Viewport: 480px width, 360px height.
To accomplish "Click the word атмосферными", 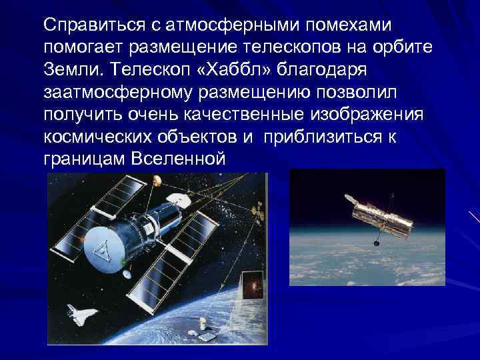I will click(207, 25).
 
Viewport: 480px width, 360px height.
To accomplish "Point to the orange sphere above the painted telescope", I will click(157, 180).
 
